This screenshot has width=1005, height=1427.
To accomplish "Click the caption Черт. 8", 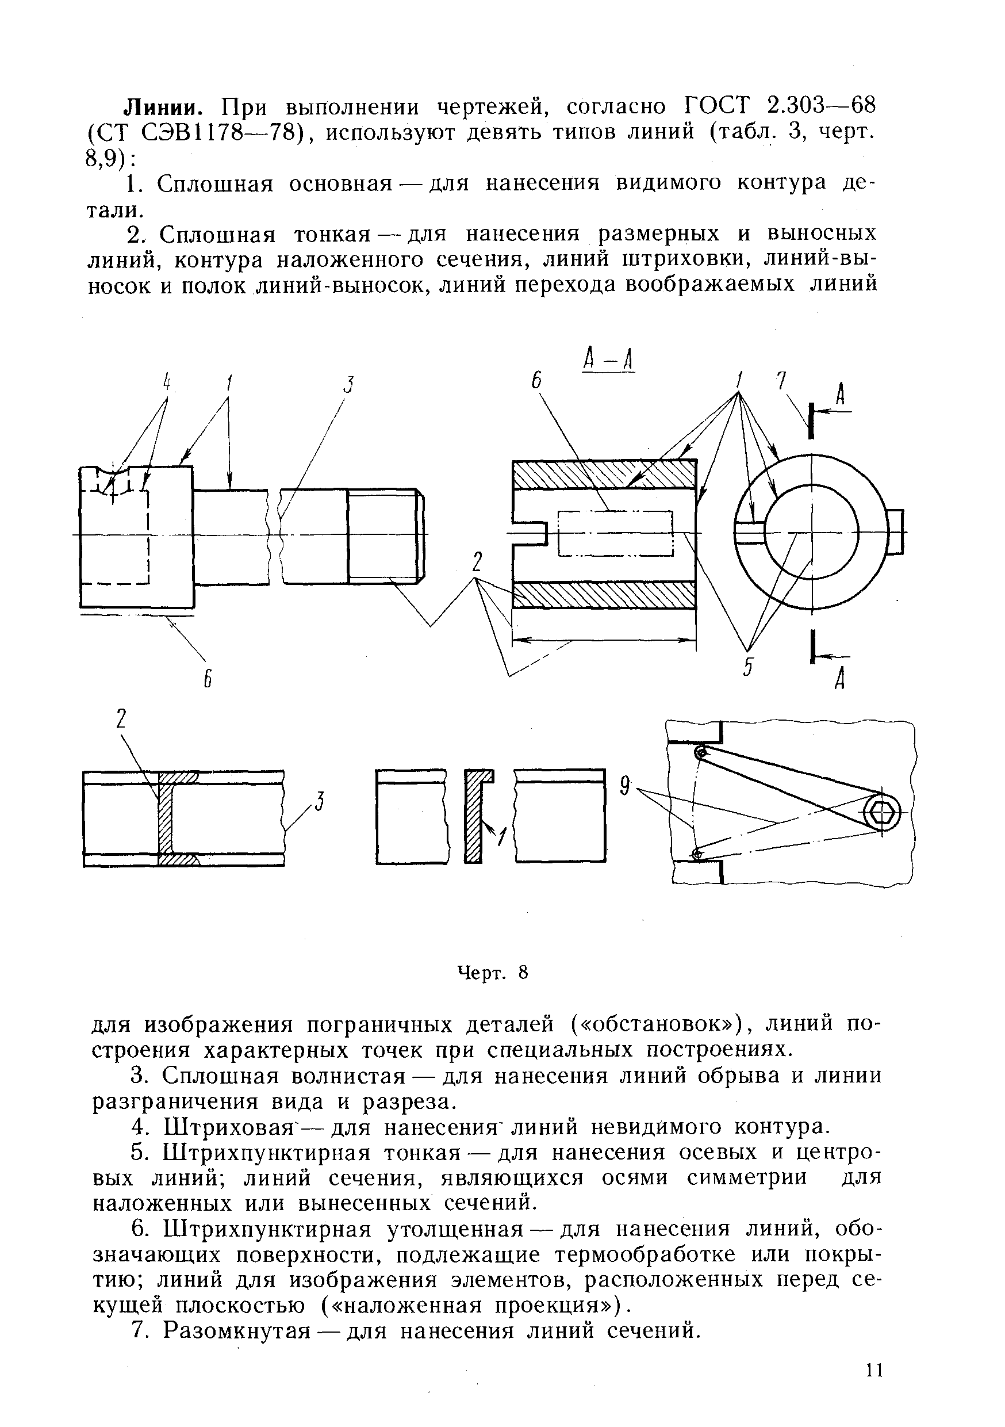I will (x=492, y=972).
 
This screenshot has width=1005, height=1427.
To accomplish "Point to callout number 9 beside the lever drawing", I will (x=625, y=787).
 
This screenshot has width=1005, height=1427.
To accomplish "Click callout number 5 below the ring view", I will (x=748, y=668).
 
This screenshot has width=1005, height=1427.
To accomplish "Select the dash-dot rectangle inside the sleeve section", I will (x=615, y=533).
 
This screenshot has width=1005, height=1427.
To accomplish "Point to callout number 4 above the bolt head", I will (x=167, y=381).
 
